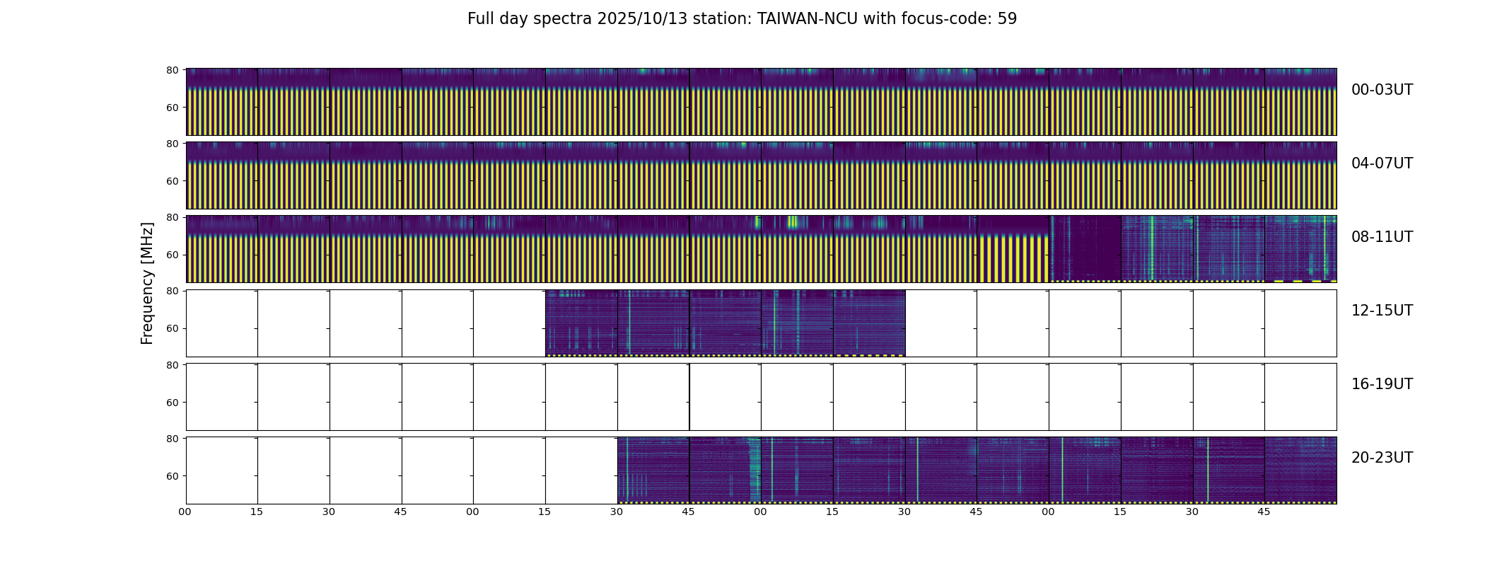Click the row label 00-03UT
(x=1382, y=90)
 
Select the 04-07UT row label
(x=1382, y=163)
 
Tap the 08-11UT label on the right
(x=1382, y=237)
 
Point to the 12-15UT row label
(x=1382, y=311)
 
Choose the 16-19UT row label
(x=1382, y=384)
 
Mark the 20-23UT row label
(x=1382, y=458)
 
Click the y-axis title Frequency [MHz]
(x=147, y=283)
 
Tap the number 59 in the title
(x=1007, y=19)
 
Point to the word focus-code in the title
(x=945, y=19)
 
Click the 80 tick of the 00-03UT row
(x=172, y=70)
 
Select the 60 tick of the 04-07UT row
(x=172, y=181)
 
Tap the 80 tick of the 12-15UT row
(x=172, y=291)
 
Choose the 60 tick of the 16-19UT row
(x=172, y=403)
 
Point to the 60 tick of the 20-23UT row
(x=172, y=476)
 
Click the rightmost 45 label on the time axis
(x=1264, y=512)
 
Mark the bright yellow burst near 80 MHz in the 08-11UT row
(x=792, y=222)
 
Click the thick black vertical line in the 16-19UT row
(x=689, y=397)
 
